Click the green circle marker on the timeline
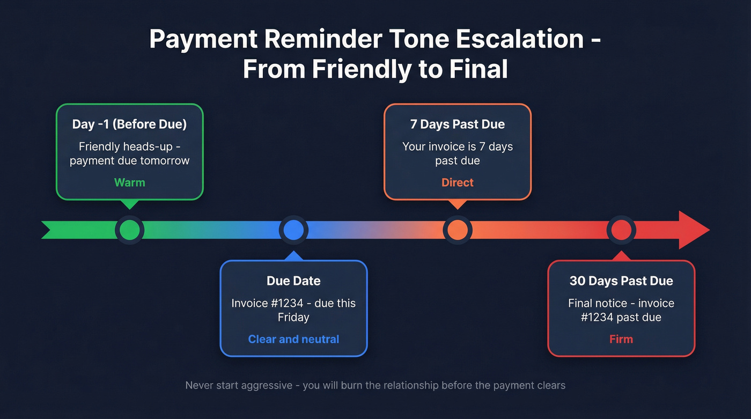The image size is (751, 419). (x=130, y=230)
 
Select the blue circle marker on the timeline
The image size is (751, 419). (x=293, y=230)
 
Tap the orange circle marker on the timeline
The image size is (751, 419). (x=457, y=230)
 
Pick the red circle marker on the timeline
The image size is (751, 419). (x=621, y=230)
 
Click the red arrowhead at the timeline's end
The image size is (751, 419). (x=694, y=230)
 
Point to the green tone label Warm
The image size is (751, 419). (x=130, y=182)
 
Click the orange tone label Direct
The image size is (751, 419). (x=458, y=182)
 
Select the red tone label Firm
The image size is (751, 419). (x=621, y=339)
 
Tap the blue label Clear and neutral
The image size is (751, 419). (x=293, y=339)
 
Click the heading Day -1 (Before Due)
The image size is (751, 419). (x=130, y=124)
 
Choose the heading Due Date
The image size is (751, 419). (x=293, y=281)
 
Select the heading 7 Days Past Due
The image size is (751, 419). (x=458, y=124)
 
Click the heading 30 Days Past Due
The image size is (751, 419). (x=621, y=281)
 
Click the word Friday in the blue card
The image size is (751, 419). (x=293, y=317)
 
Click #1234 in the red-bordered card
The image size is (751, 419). (x=597, y=317)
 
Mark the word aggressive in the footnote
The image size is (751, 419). (x=268, y=385)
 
